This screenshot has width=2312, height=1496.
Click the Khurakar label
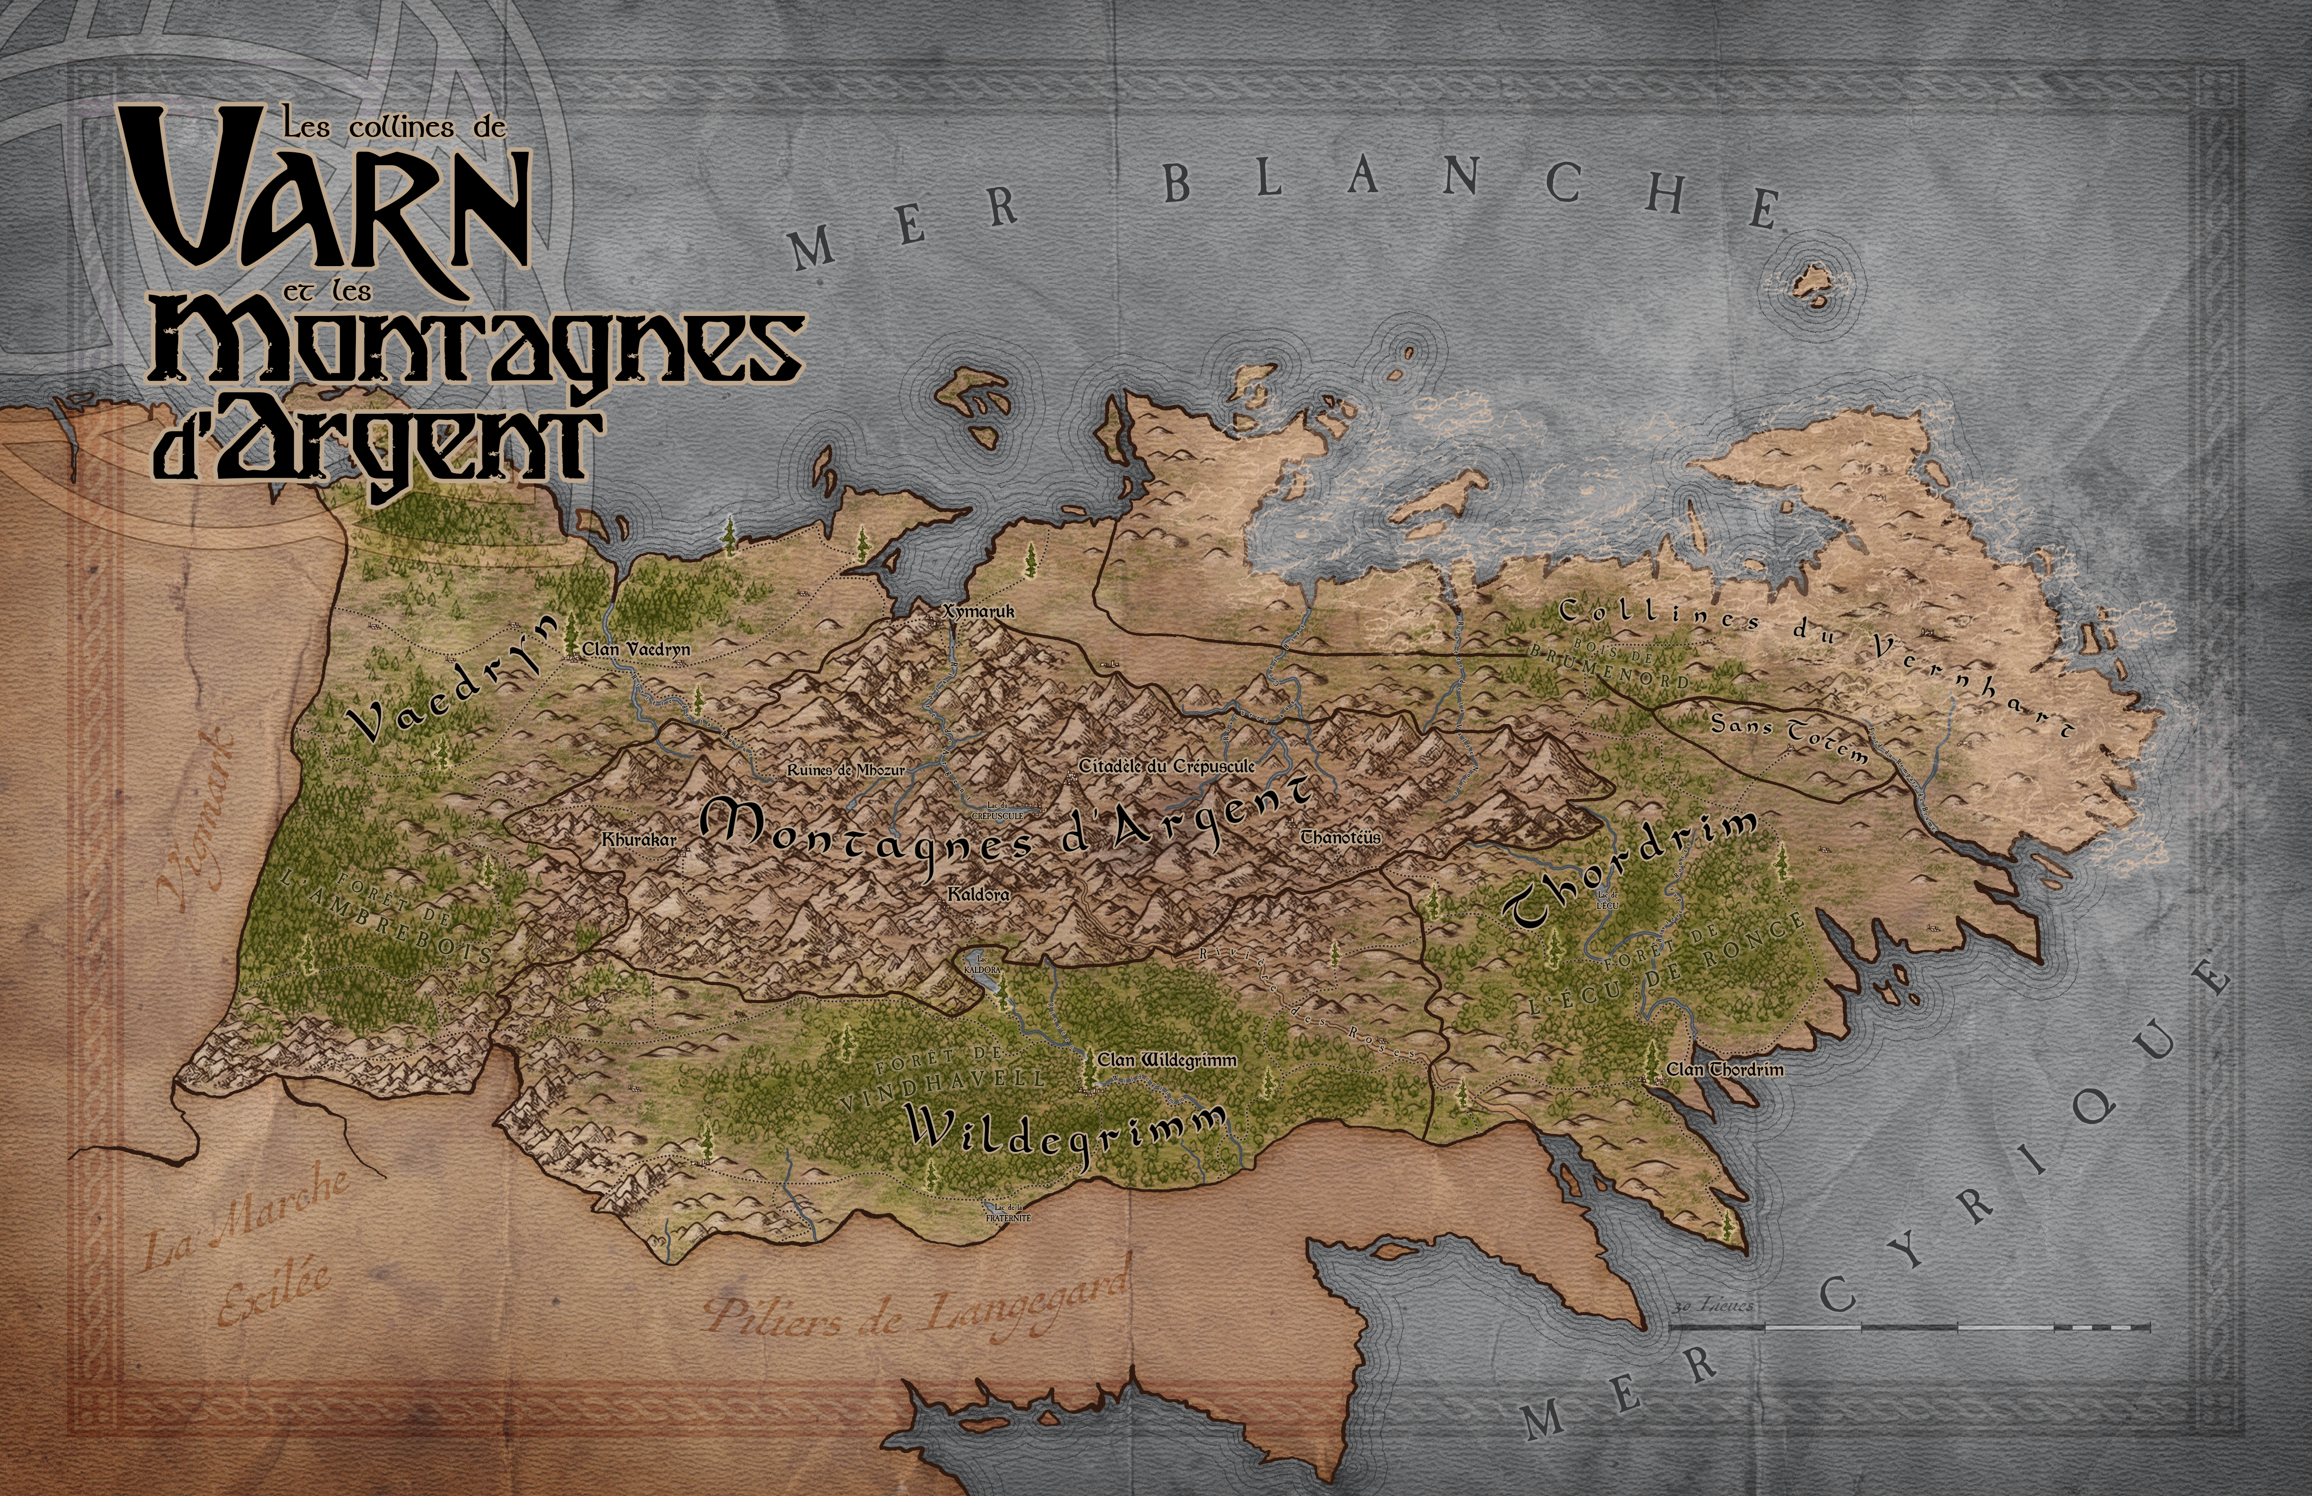(638, 840)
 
